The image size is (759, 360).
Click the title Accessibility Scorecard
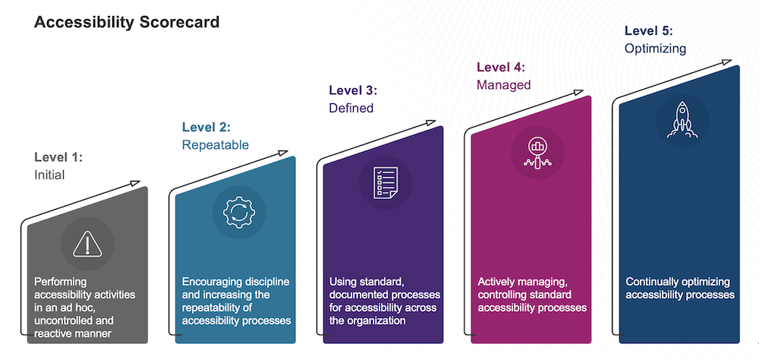coord(126,22)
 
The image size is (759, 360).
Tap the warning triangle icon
coord(87,244)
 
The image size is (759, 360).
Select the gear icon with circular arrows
coord(238,212)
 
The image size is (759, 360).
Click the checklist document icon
coord(386,183)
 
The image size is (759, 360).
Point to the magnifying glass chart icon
coord(537,153)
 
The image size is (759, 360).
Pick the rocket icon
coord(682,120)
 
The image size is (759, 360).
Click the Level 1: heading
coord(58,157)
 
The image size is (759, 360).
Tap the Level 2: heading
coord(206,128)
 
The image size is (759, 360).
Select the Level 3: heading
coord(353,90)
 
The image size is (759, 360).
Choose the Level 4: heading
coord(501,68)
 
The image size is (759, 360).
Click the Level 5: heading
coord(649,31)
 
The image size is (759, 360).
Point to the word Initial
coord(49,175)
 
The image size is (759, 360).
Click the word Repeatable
coord(216,145)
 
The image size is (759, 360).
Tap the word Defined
coord(351,108)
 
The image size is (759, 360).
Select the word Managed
coord(503,85)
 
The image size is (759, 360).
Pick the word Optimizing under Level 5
coord(655,49)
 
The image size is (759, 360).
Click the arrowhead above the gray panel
coord(135,183)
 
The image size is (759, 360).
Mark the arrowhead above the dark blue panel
coord(726,62)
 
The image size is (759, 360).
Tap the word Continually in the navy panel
coord(650,282)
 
